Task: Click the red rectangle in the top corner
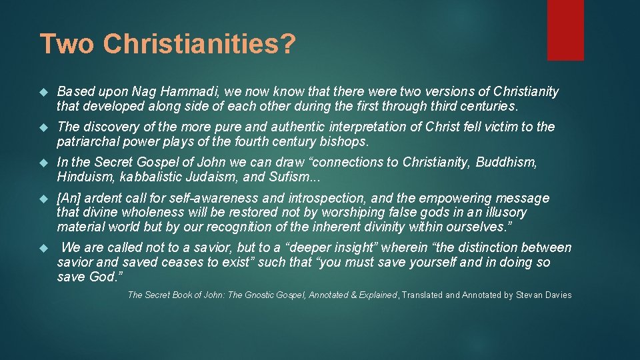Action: tap(565, 30)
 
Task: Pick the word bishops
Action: tap(343, 141)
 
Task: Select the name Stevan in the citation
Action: tap(531, 295)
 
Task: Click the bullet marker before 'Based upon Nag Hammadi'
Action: tap(44, 92)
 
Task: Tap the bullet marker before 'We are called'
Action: tap(44, 248)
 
